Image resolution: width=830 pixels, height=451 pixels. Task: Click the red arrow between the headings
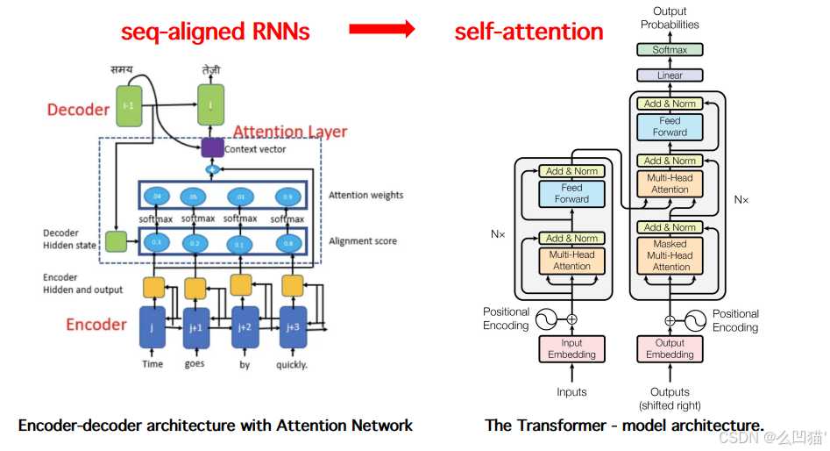tap(381, 30)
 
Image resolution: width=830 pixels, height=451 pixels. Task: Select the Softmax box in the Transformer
tap(670, 51)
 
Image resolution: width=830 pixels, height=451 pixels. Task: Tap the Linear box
tap(670, 76)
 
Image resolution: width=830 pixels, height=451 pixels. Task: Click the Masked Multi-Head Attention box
tap(670, 255)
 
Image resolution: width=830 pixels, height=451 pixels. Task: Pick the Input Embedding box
tap(571, 349)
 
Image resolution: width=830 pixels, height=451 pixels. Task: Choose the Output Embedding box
tap(670, 349)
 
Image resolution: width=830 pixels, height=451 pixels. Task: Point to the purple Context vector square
tap(212, 147)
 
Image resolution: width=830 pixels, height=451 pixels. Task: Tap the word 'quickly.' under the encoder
tap(292, 364)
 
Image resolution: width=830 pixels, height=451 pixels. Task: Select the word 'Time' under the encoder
tap(153, 364)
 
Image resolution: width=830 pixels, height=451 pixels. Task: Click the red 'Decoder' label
tap(78, 110)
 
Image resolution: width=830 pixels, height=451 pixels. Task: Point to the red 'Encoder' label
tap(96, 325)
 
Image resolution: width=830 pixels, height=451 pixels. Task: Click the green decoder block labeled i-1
tap(128, 104)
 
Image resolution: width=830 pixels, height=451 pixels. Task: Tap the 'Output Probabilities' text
tap(670, 18)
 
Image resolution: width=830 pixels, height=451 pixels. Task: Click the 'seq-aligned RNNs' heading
tap(215, 32)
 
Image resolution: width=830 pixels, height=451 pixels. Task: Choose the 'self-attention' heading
tap(529, 32)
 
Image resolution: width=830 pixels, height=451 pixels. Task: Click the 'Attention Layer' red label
tap(290, 132)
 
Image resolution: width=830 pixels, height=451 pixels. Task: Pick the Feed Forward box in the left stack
tap(571, 193)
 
